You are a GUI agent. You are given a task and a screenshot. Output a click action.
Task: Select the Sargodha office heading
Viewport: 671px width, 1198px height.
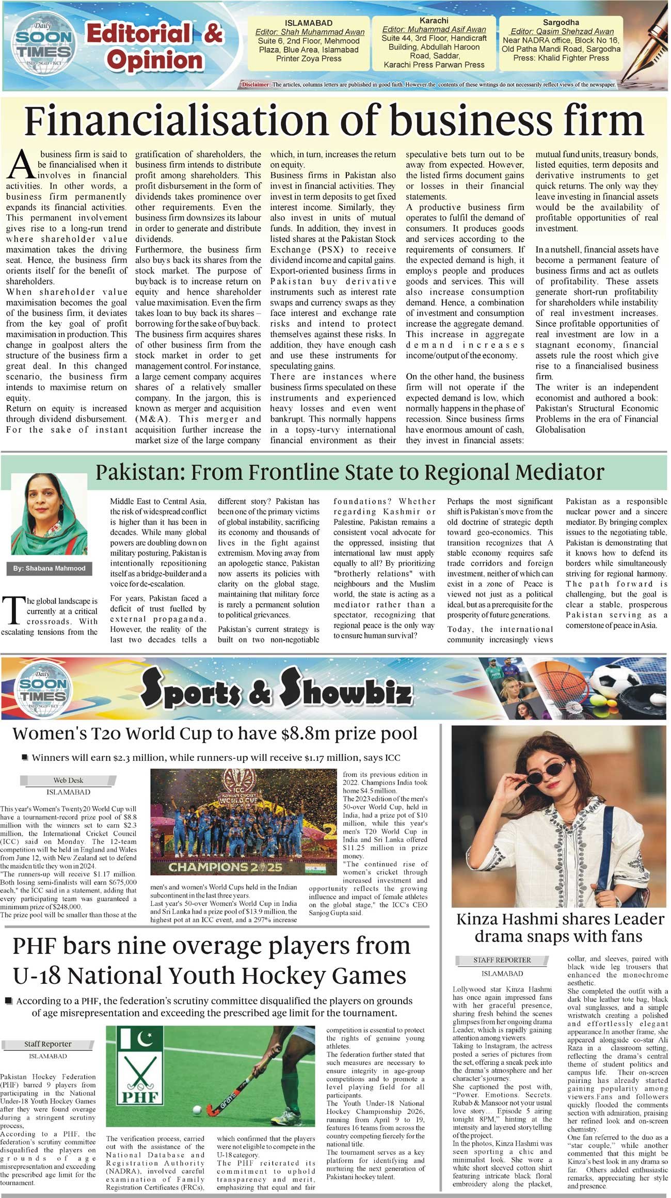(561, 22)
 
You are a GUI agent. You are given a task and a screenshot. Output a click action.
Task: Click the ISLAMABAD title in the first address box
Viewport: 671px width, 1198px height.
(309, 23)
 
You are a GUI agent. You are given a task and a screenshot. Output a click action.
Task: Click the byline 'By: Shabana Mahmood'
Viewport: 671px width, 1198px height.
(49, 568)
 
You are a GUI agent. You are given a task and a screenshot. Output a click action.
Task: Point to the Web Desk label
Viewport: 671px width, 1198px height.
(68, 780)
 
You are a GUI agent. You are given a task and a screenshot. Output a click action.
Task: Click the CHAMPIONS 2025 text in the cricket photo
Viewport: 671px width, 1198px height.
(225, 867)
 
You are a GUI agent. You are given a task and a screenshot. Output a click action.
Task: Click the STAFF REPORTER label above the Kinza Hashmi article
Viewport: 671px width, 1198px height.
(502, 960)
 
